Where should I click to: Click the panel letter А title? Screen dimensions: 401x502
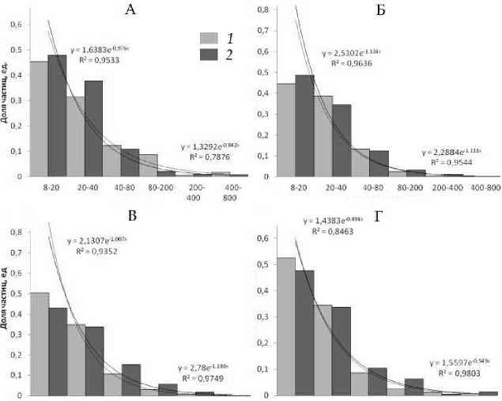[131, 9]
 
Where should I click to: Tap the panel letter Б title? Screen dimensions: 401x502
[372, 9]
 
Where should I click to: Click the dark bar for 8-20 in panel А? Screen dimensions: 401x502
[57, 115]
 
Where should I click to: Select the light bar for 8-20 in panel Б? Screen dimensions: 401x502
[286, 131]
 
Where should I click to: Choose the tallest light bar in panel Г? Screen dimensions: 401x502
[286, 326]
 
